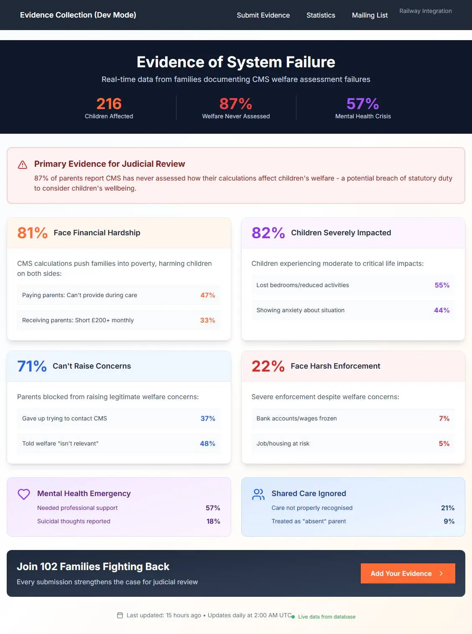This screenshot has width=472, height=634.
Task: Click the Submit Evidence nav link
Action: [263, 15]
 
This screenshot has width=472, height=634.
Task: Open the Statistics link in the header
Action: [321, 15]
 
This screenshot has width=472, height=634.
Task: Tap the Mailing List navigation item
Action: [370, 15]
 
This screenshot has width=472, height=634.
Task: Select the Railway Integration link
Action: [425, 11]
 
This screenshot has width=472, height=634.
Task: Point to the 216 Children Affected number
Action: [109, 104]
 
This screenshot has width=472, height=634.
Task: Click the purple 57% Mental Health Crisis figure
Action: [362, 104]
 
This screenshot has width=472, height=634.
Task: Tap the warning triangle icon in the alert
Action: [23, 165]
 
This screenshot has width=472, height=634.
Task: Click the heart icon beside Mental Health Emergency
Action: [24, 494]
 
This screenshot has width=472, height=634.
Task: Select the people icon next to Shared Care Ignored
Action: [258, 494]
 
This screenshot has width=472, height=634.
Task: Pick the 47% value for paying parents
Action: [207, 295]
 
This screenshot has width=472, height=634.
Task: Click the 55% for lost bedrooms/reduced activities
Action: [442, 285]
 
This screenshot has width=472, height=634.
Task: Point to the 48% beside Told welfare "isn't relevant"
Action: [207, 443]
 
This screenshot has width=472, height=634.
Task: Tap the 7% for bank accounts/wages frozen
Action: [444, 418]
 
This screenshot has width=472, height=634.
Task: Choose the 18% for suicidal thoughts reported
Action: [213, 521]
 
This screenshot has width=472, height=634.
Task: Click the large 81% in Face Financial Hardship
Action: [32, 233]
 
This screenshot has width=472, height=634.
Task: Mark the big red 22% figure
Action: [268, 366]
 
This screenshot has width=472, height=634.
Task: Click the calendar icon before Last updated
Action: [120, 615]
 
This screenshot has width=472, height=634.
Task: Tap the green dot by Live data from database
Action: [293, 617]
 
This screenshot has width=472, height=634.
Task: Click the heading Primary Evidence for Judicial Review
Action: [110, 164]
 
